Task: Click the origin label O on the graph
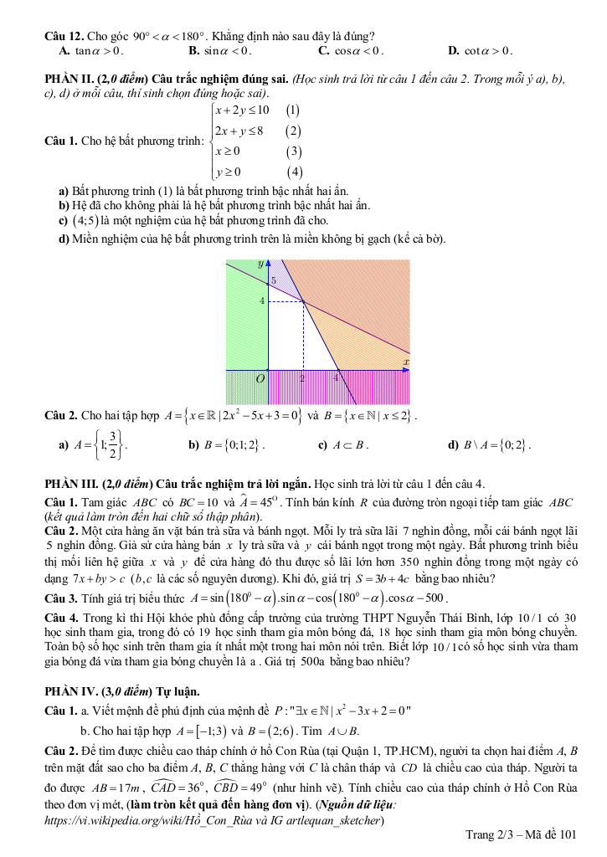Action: click(260, 378)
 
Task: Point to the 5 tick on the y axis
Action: click(273, 281)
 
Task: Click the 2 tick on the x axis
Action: click(302, 378)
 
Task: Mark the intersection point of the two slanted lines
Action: click(302, 301)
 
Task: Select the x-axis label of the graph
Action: click(406, 362)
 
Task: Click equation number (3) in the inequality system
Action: click(293, 151)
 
